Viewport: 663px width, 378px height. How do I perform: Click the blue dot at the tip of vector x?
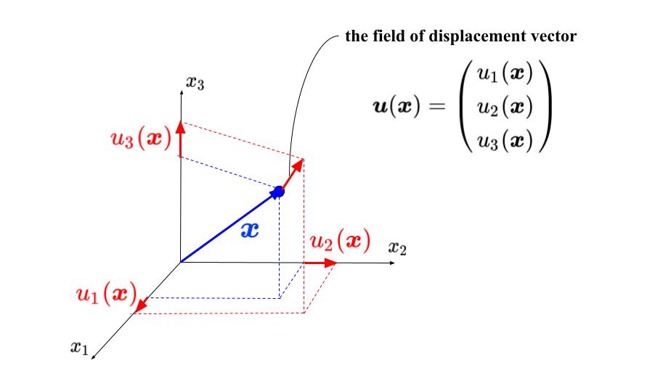tap(278, 192)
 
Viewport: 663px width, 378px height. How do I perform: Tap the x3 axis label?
tap(195, 83)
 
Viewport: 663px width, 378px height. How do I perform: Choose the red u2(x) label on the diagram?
tap(340, 241)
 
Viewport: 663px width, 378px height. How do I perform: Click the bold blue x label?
tap(249, 230)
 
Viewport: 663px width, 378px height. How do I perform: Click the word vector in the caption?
tap(555, 36)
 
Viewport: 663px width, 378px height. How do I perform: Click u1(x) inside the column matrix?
tap(505, 73)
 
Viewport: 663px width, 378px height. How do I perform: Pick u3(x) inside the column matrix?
tap(505, 141)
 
